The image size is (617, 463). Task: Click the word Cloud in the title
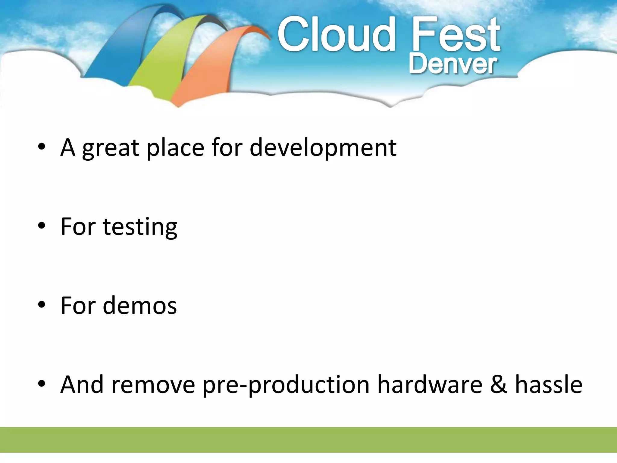click(336, 35)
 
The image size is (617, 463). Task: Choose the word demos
click(140, 306)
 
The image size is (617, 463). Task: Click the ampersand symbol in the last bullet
click(499, 384)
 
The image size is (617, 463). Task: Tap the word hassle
click(549, 384)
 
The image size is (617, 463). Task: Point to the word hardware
click(430, 384)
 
